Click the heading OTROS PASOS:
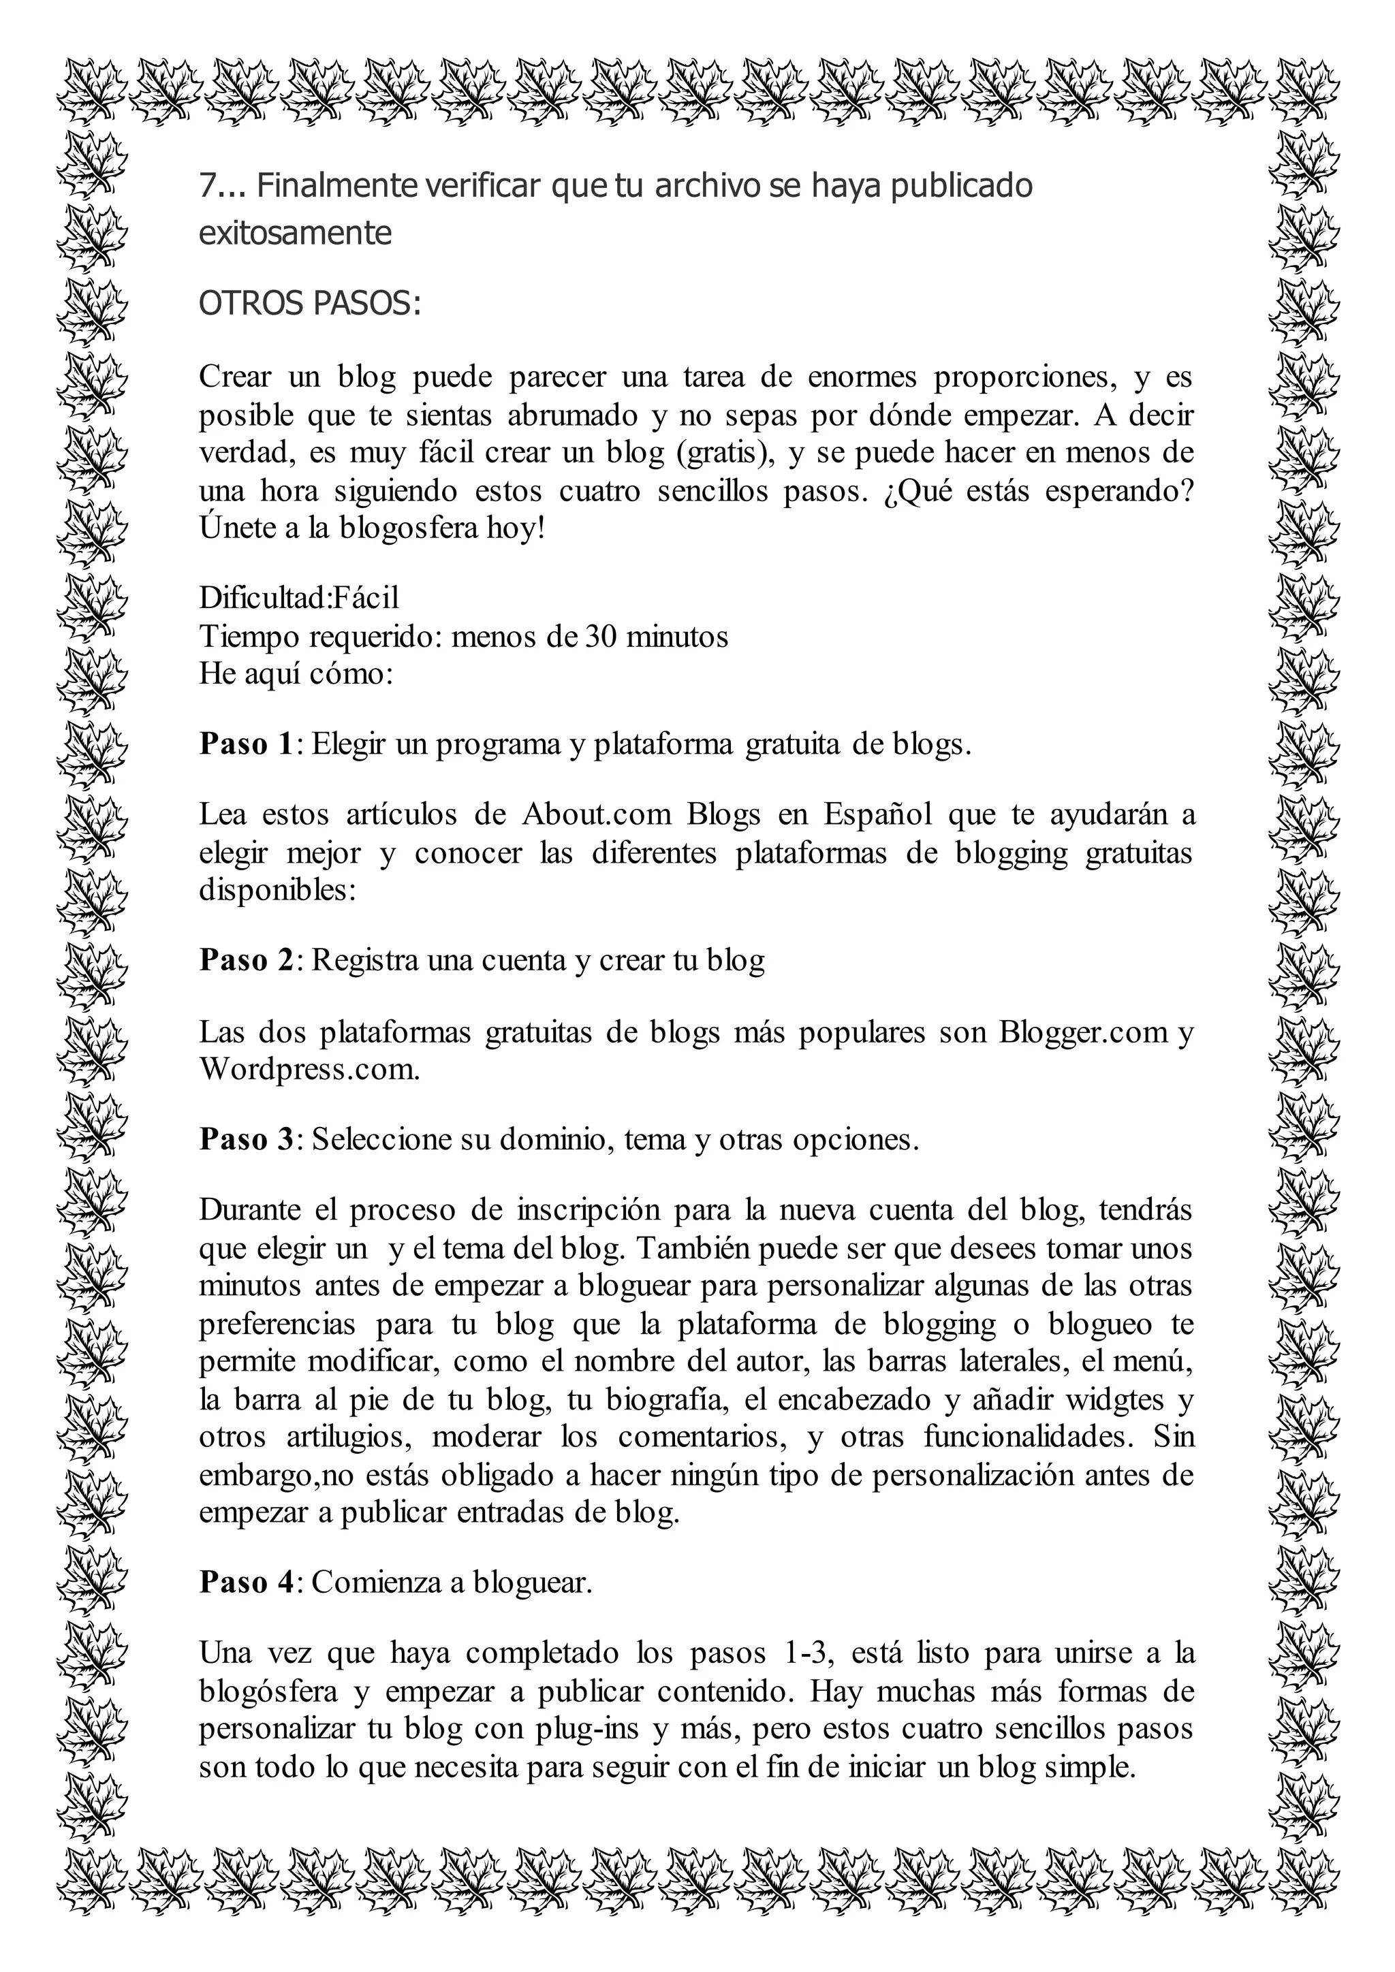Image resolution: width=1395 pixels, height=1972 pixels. [309, 304]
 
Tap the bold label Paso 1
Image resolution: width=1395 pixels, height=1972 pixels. [247, 744]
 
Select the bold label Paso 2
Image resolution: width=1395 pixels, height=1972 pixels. [247, 959]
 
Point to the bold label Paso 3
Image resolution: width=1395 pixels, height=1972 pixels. [247, 1139]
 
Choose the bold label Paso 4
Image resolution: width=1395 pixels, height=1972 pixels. [247, 1581]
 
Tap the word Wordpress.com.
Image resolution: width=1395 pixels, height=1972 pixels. [309, 1069]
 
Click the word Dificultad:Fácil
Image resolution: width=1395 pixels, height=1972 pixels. [299, 598]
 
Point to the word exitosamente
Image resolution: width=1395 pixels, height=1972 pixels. [295, 233]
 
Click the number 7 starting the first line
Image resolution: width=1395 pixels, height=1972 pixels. [207, 185]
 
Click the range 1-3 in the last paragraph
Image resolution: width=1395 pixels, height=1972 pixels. [811, 1653]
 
